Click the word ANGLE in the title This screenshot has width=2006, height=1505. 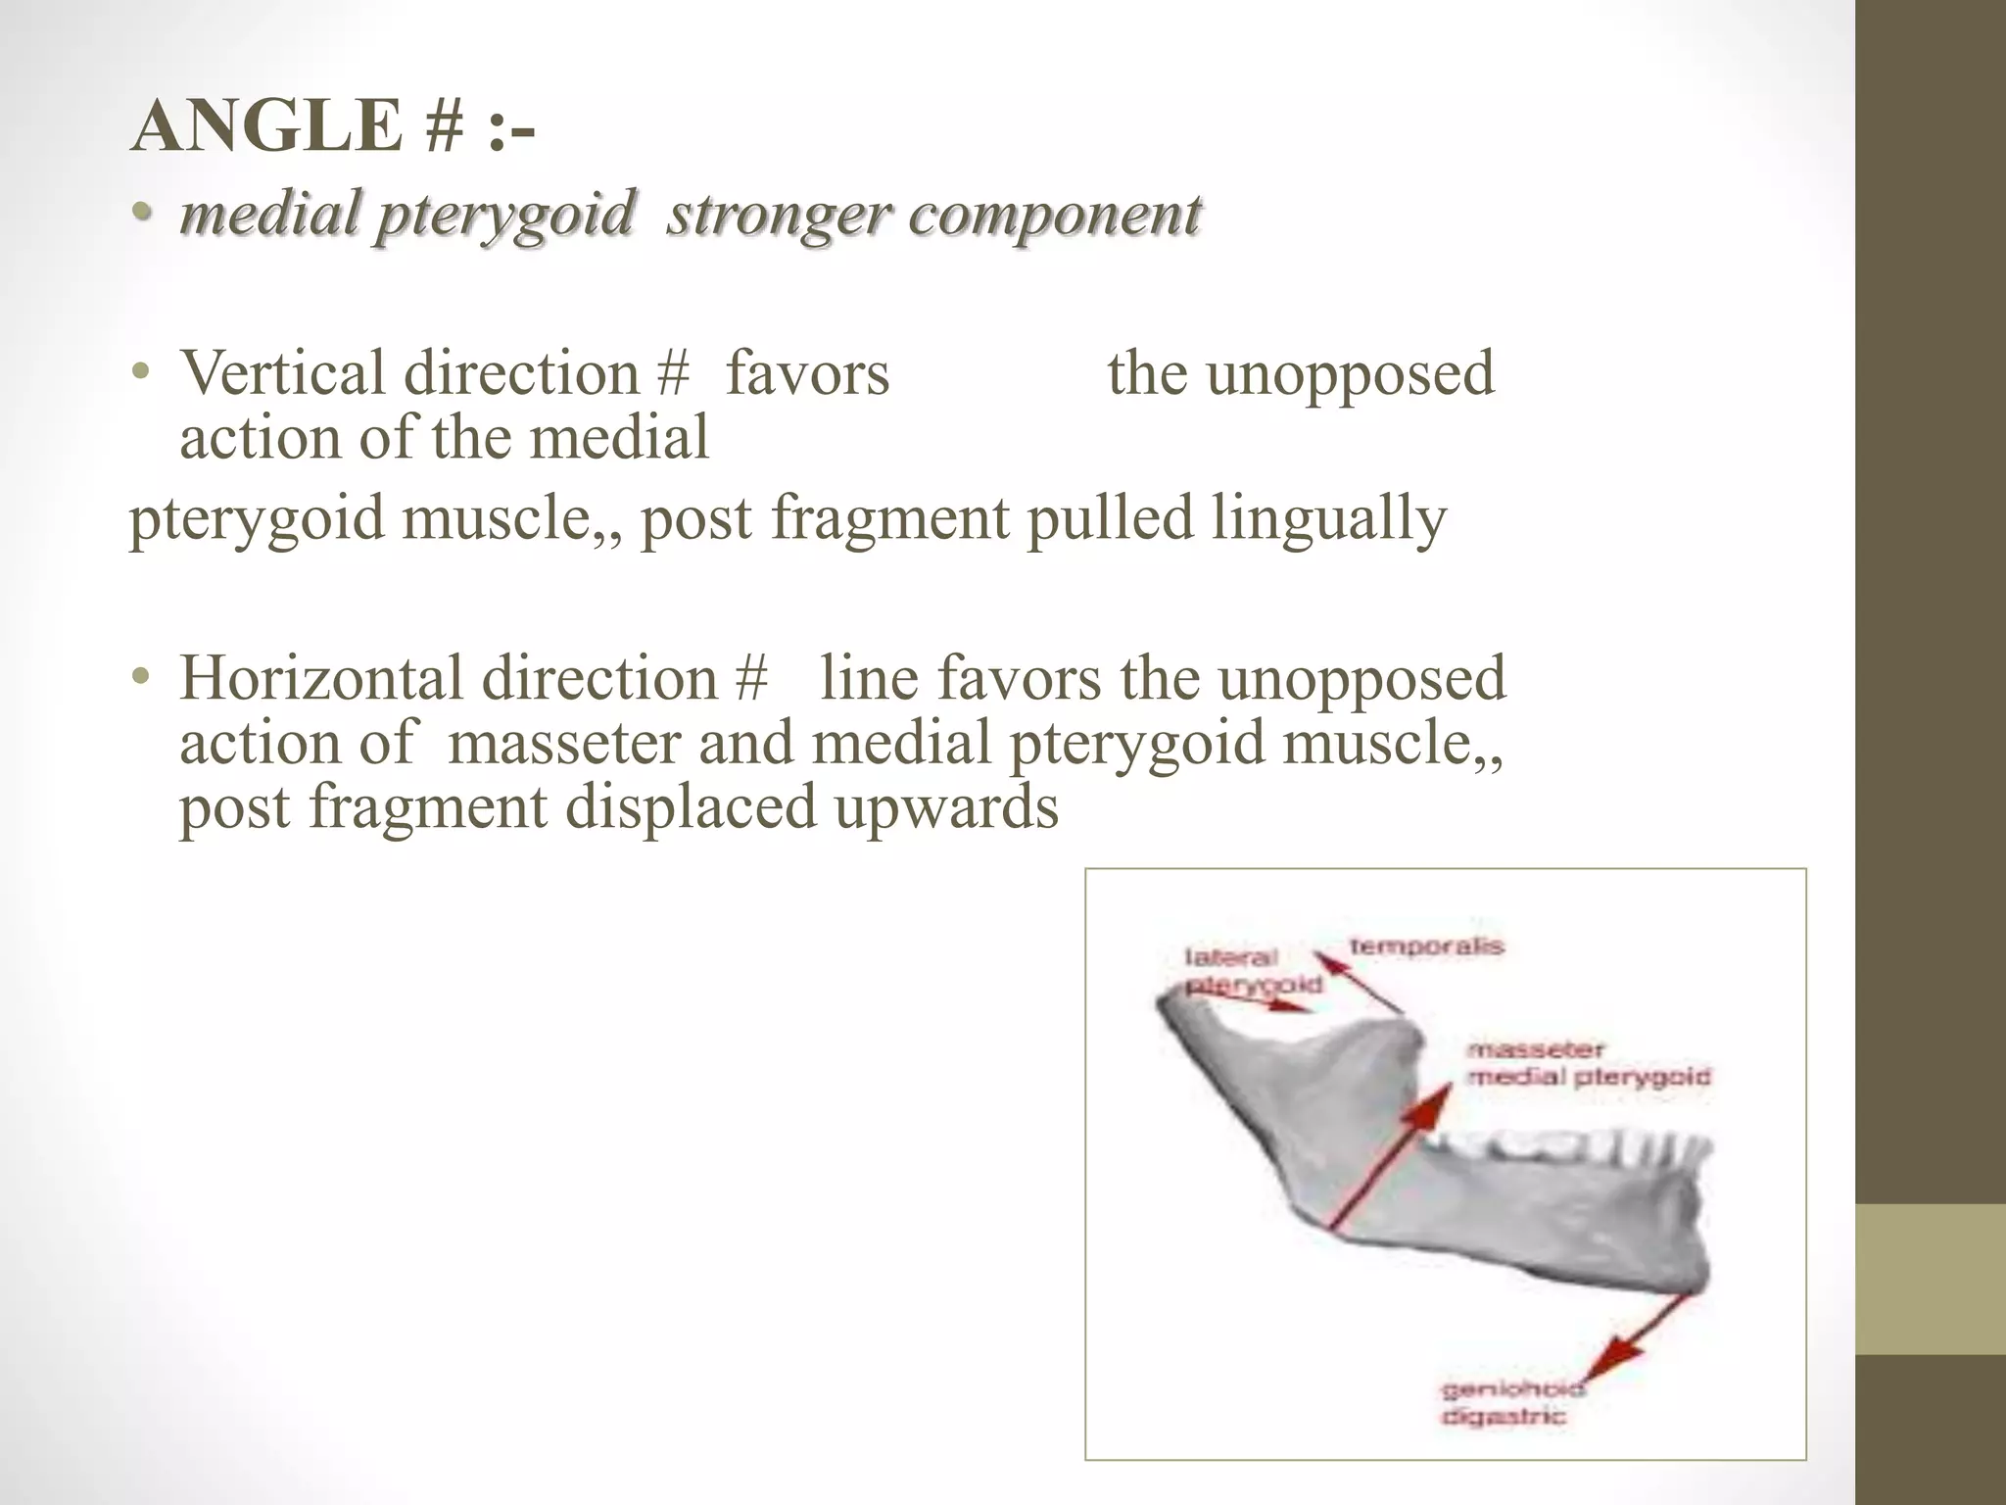pos(265,126)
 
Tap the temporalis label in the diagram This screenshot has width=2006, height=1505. pos(1425,947)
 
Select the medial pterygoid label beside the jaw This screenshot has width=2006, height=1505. pos(1587,1077)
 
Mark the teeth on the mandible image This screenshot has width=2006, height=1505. pos(1567,1146)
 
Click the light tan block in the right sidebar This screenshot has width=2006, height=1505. pos(1930,1279)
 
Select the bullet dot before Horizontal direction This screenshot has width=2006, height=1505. pos(143,677)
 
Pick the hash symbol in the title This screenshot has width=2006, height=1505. pos(444,128)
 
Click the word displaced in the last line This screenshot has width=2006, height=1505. pos(691,807)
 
